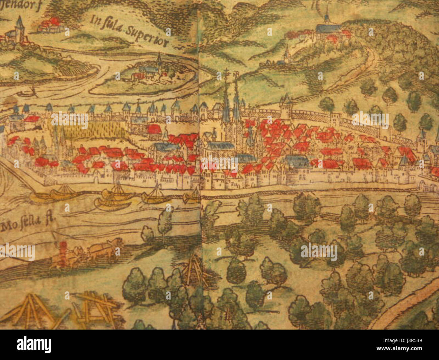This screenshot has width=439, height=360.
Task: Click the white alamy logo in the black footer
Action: pos(34,345)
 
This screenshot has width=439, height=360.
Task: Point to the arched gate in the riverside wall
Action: pos(422,184)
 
